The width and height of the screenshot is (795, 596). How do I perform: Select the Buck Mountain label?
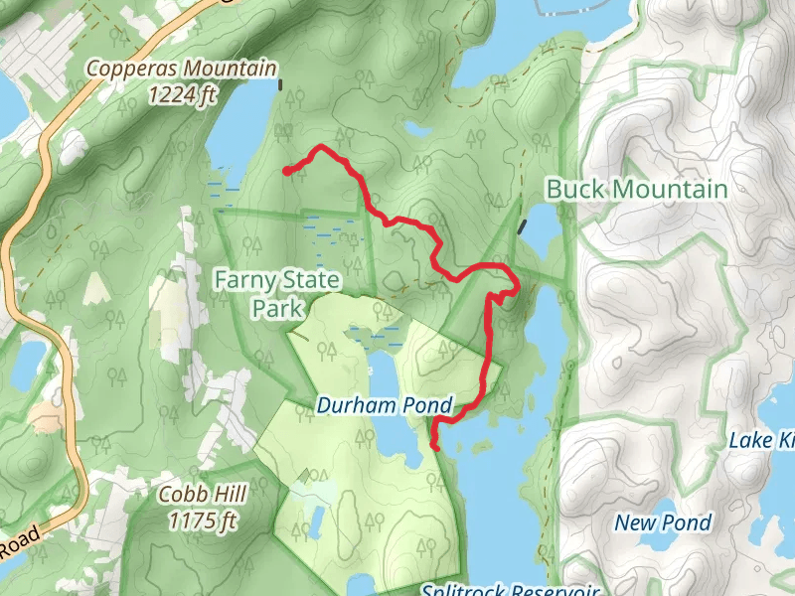[637, 189]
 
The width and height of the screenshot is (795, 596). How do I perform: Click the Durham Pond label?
[385, 405]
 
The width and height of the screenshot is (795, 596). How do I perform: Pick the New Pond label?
[663, 522]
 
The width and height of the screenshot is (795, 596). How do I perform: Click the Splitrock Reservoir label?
[498, 589]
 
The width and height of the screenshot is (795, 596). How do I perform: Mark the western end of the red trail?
[287, 172]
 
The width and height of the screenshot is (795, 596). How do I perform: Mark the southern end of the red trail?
[436, 449]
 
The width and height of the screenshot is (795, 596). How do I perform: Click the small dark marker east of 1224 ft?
[281, 84]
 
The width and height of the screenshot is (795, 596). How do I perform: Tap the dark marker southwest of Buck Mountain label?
[522, 227]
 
